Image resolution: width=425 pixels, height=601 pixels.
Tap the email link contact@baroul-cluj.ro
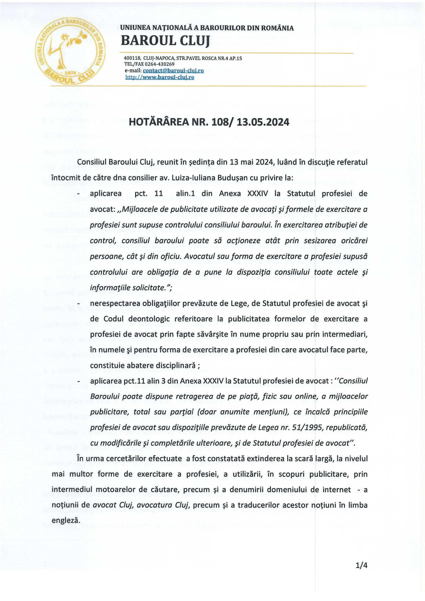click(x=173, y=71)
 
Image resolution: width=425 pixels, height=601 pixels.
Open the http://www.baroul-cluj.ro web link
click(x=160, y=77)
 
